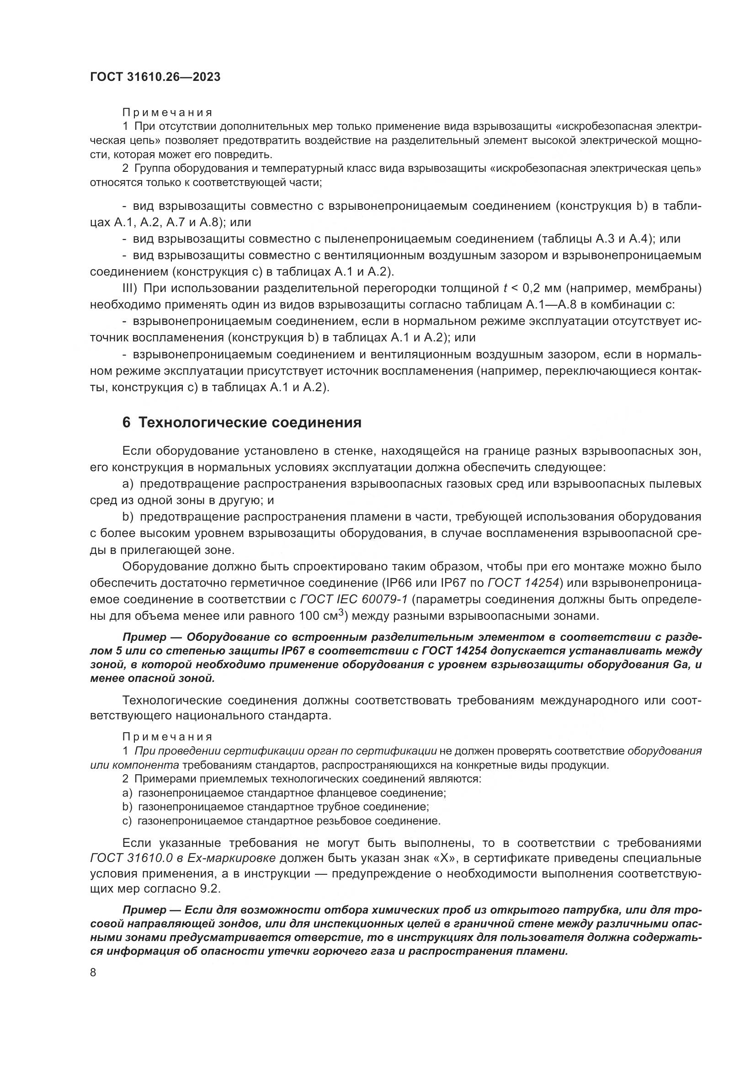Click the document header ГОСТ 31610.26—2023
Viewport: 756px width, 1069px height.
tap(155, 77)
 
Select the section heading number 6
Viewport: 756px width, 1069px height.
tap(126, 422)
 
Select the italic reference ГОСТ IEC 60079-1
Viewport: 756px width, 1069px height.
tap(354, 599)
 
